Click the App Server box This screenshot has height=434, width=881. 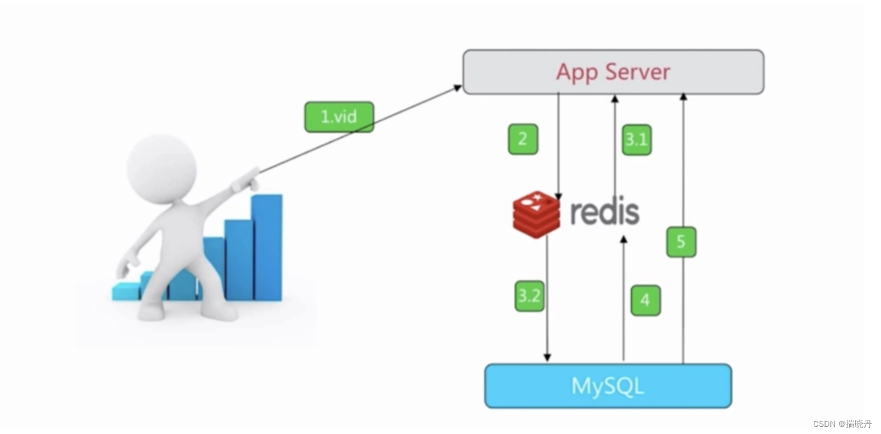(613, 72)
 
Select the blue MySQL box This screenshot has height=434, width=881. (608, 386)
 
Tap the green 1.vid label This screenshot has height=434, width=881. (339, 117)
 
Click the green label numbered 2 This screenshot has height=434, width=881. (523, 139)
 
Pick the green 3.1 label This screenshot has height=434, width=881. (636, 140)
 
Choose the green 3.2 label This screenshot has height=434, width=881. (529, 296)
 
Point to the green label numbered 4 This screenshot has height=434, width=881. (645, 300)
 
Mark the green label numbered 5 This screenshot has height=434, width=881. (681, 242)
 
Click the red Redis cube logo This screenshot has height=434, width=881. (536, 214)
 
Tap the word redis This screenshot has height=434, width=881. (605, 212)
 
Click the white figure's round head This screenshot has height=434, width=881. (161, 165)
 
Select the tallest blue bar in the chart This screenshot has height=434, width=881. (266, 247)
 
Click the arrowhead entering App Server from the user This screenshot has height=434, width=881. (458, 88)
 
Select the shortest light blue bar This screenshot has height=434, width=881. (125, 291)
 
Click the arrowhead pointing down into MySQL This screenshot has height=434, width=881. (547, 357)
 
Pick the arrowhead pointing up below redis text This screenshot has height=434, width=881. (623, 239)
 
